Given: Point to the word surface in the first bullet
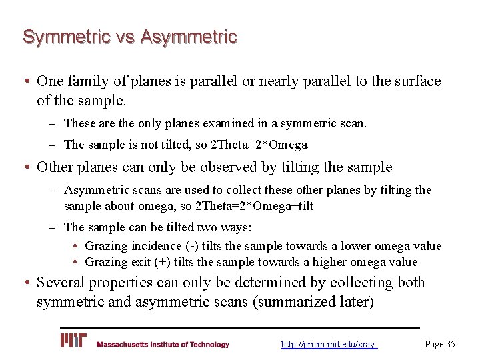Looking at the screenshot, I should tap(409, 81).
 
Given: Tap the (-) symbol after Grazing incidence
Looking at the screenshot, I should tap(189, 246).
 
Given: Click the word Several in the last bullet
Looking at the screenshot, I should tap(64, 283).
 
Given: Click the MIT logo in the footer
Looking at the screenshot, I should tap(73, 341).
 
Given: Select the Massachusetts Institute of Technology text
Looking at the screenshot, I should tap(163, 345).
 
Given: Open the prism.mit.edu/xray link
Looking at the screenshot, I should tap(328, 345).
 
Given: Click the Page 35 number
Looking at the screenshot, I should tap(440, 345).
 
